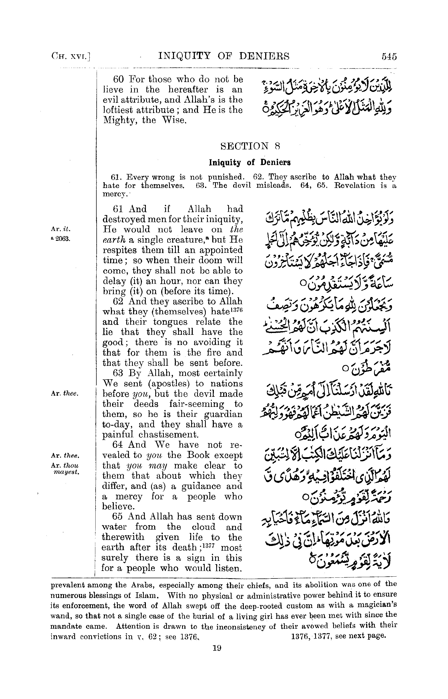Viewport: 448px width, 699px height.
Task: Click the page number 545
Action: point(389,56)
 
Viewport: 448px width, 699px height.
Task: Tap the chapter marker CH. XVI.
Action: point(71,56)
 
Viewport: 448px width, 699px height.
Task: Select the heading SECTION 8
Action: point(250,146)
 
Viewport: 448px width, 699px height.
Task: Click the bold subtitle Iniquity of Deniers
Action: point(250,162)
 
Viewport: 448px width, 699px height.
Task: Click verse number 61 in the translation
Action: point(118,209)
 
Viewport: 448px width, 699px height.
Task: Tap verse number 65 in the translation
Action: point(118,517)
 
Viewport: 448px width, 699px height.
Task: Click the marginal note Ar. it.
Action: point(61,229)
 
